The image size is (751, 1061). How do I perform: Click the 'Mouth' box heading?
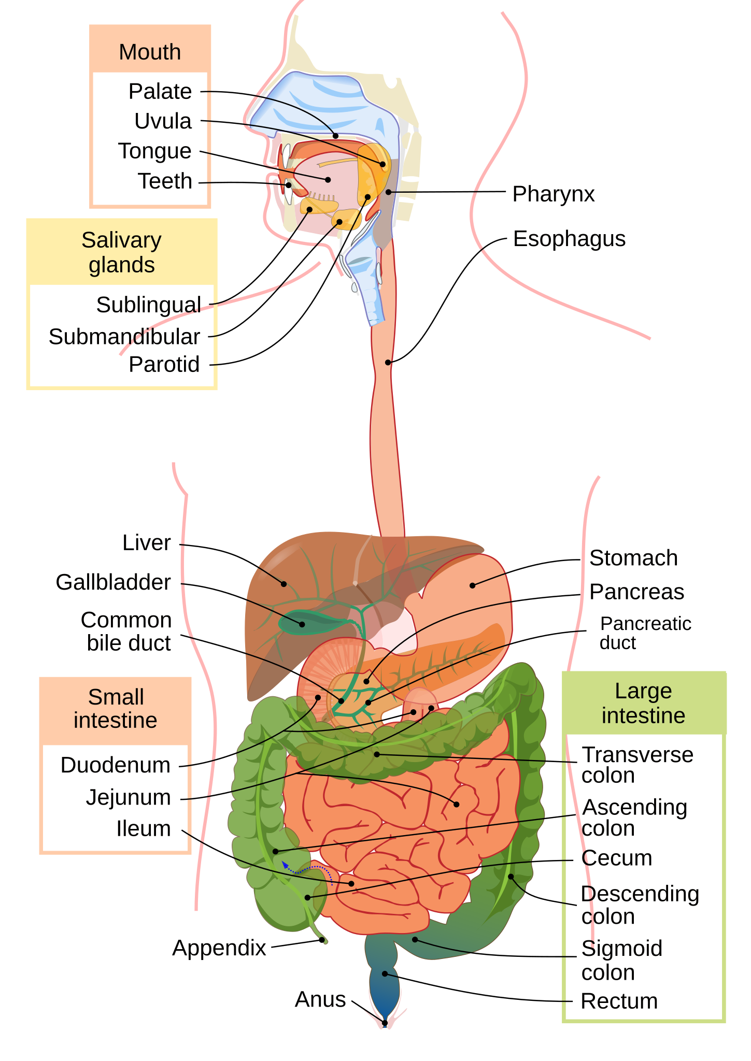150,52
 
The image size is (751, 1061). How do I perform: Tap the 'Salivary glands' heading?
122,252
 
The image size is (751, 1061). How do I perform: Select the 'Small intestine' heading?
116,709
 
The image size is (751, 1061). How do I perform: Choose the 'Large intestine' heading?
643,703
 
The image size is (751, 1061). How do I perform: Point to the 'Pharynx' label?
554,195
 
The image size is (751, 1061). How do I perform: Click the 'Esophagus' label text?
569,239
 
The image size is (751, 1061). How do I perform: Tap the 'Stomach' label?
633,558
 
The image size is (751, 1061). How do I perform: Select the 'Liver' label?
147,543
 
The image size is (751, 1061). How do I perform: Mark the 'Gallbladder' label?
113,582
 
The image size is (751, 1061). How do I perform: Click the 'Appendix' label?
219,948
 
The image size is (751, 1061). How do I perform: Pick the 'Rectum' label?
619,1001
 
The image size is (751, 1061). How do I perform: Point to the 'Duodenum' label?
115,765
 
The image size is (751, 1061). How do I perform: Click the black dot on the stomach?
472,585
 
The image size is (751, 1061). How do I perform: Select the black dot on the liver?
284,584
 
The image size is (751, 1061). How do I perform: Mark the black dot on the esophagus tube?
388,363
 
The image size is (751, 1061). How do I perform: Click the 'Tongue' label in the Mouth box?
155,151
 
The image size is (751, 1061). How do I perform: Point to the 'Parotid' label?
164,365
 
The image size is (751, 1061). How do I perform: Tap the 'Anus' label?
320,999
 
